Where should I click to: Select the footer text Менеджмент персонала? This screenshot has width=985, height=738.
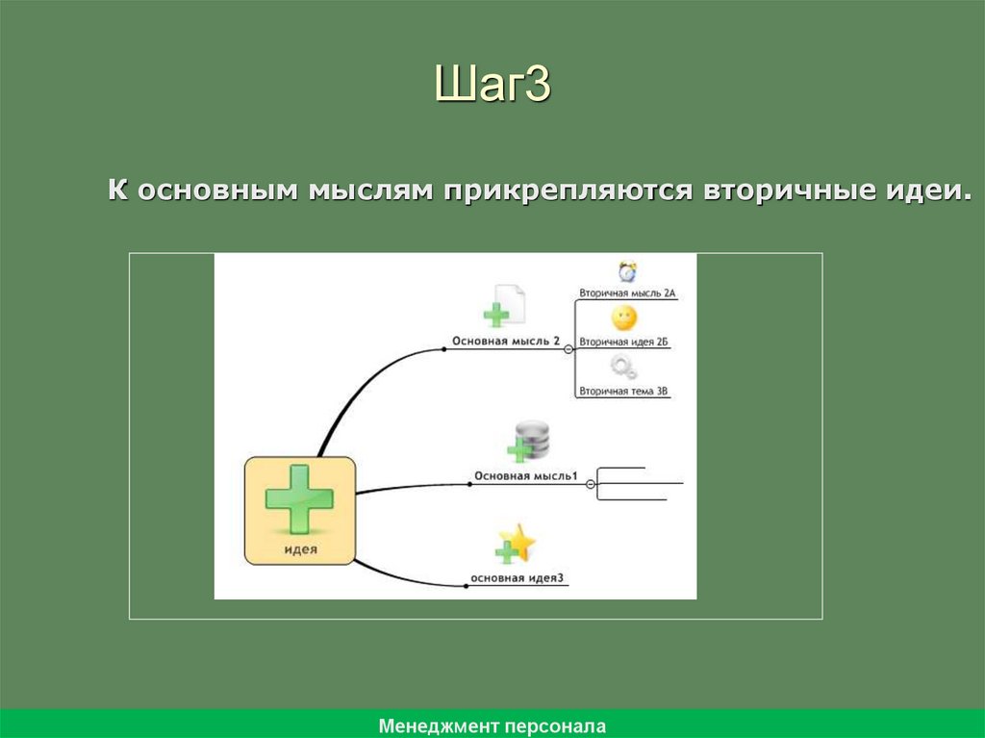point(492,725)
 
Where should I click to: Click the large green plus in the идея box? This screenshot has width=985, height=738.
point(299,497)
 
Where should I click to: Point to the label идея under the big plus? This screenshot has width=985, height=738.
point(300,550)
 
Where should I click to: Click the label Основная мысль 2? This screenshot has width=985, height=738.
point(506,341)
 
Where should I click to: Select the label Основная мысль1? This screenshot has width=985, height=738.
point(525,476)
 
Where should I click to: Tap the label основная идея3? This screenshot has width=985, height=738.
point(517,578)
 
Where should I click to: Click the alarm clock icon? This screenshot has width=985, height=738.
point(627,271)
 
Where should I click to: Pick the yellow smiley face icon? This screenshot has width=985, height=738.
point(623,318)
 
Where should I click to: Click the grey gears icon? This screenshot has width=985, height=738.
point(623,367)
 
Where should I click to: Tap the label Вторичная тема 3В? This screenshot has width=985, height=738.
point(623,391)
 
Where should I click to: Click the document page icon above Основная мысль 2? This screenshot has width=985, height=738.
point(508,304)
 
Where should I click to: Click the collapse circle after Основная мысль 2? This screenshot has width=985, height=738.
point(568,350)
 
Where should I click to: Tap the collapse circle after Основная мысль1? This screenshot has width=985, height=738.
point(591,485)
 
